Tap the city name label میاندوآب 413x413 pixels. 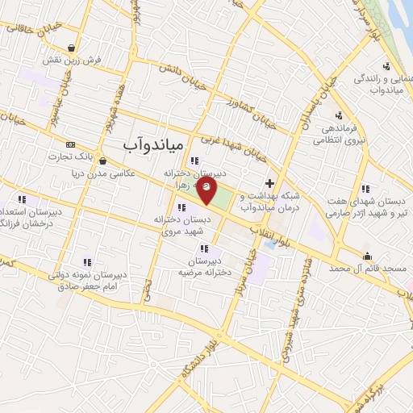[x=154, y=143]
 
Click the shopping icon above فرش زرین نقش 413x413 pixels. [x=73, y=47]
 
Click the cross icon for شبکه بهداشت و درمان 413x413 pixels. [x=269, y=183]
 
